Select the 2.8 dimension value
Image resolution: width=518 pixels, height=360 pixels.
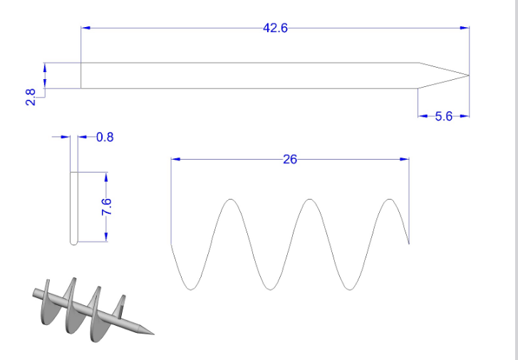[x=30, y=97]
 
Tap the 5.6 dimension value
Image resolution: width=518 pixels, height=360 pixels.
[x=443, y=116]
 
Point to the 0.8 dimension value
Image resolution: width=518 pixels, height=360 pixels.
[x=105, y=137]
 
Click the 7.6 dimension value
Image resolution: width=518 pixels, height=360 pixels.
[x=106, y=207]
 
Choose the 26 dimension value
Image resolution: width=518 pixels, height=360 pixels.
[x=289, y=159]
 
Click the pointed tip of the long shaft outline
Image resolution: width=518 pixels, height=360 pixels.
[x=468, y=75]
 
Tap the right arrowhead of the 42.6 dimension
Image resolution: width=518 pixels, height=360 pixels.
[x=465, y=28]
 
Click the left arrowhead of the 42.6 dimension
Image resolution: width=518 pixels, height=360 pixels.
[x=86, y=28]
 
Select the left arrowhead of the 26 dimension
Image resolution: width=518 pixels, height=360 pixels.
[x=175, y=159]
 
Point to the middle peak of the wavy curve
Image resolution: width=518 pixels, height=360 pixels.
[x=309, y=200]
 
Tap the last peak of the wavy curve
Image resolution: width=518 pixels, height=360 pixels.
[x=388, y=200]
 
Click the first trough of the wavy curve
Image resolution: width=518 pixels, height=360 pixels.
[x=190, y=289]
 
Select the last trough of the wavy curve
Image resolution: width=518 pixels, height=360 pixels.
[x=349, y=289]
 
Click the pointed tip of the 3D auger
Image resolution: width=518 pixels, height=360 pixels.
[x=152, y=334]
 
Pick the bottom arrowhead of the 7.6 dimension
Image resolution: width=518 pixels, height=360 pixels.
[x=105, y=237]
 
